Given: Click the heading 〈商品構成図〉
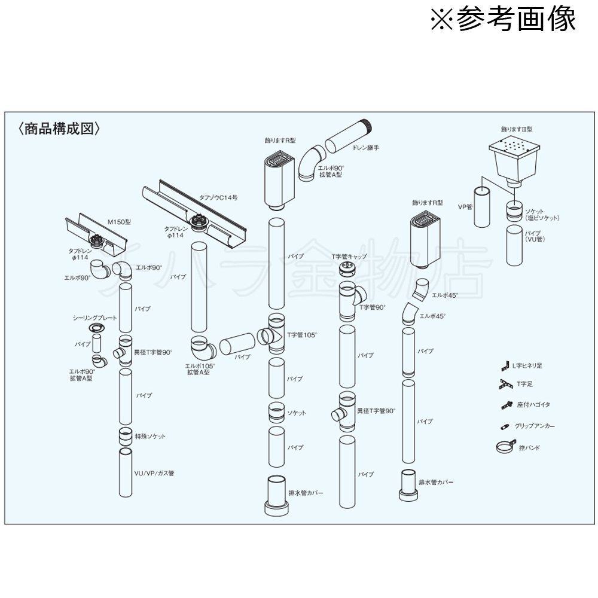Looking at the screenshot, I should (x=58, y=129).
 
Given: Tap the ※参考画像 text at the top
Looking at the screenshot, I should (x=503, y=19).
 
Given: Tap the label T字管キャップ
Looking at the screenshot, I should (x=349, y=257).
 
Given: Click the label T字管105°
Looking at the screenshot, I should (x=302, y=335).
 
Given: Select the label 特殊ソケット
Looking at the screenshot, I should (x=150, y=437).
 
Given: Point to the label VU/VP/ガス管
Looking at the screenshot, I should (x=155, y=473).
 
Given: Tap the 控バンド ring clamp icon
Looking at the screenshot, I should (x=504, y=447).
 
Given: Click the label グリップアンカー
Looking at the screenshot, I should (x=535, y=426).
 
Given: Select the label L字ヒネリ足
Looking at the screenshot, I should (x=528, y=365).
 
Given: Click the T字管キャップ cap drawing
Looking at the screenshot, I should (x=346, y=270).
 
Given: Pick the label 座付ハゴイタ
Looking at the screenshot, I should (x=532, y=405).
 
